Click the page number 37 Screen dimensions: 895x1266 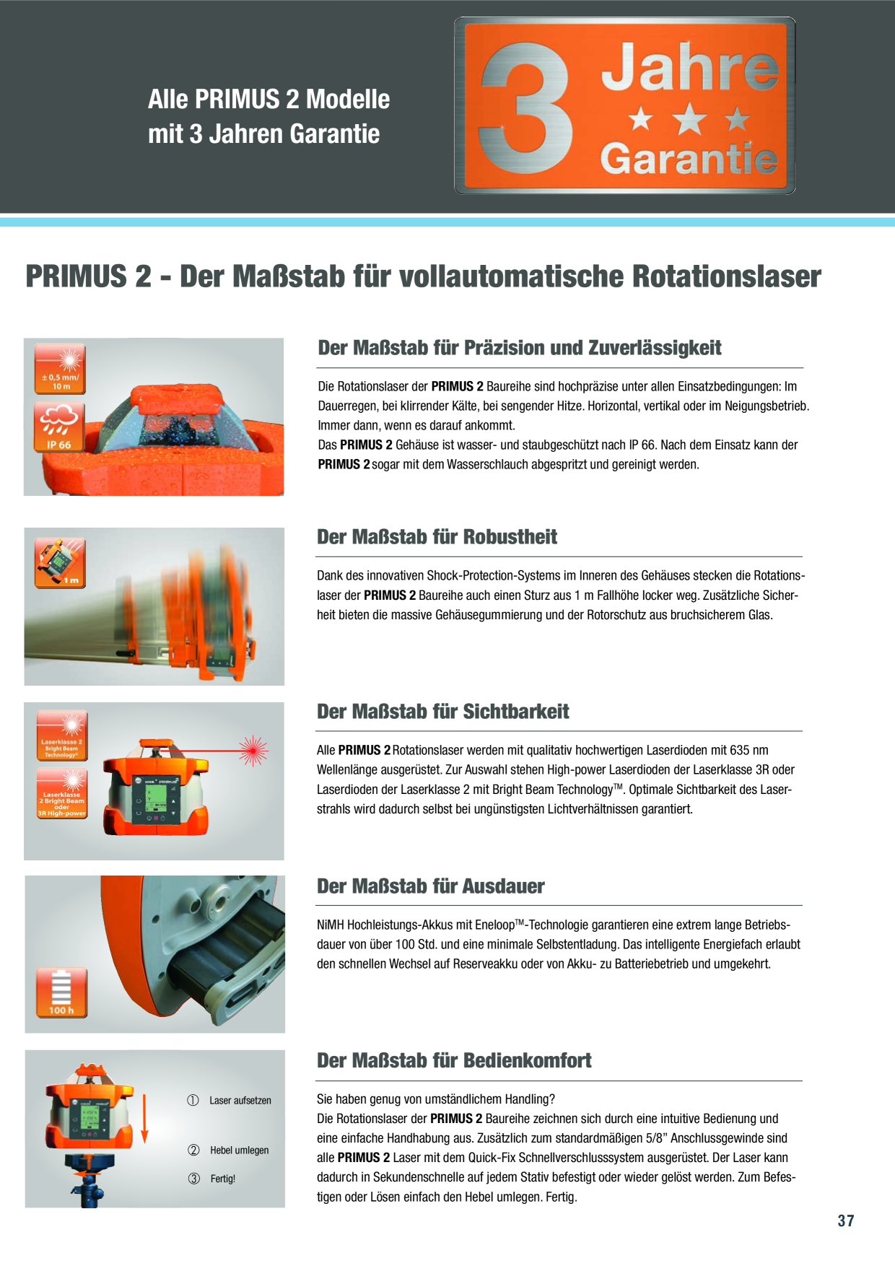[846, 1221]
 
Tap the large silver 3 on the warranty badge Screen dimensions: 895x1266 [527, 108]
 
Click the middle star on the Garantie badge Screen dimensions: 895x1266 [690, 118]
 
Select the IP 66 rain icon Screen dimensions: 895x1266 [60, 427]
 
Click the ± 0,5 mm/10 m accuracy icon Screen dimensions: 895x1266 [60, 369]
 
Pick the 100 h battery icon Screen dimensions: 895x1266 [62, 993]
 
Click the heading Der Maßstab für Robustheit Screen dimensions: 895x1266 [437, 537]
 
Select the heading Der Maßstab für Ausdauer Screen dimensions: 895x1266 [431, 886]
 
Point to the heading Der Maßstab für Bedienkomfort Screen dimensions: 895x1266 [454, 1061]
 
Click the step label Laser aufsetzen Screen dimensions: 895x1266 [240, 1101]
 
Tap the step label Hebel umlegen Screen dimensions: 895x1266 [240, 1151]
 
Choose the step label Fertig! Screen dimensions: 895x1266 [223, 1179]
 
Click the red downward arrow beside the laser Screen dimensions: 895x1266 [144, 1119]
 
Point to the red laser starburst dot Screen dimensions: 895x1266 [253, 751]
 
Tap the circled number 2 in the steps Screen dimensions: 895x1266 [193, 1151]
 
